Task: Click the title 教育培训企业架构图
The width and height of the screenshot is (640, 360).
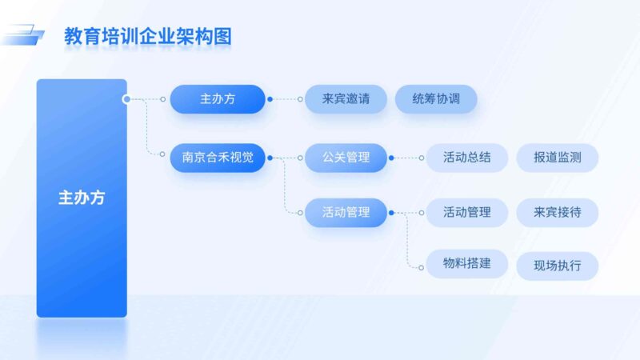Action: point(148,36)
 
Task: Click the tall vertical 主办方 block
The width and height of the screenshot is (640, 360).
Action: point(82,198)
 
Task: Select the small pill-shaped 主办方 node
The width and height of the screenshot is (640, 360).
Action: point(218,99)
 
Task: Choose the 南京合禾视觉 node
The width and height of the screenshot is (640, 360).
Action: point(218,158)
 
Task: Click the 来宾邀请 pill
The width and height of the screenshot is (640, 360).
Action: point(346,99)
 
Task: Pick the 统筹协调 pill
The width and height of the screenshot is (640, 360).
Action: point(436,99)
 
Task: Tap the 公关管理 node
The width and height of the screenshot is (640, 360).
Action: point(346,158)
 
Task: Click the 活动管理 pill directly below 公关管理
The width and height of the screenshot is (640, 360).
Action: point(346,212)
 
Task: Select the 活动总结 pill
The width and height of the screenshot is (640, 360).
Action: point(467,158)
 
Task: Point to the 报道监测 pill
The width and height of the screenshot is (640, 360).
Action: point(558,158)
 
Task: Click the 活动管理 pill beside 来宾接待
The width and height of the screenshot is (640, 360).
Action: point(467,212)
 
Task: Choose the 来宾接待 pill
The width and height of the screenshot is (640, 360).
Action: point(558,212)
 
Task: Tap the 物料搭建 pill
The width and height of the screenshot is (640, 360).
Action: point(467,264)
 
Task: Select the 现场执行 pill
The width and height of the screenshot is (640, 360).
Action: point(558,266)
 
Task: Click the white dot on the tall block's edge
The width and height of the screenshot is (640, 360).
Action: point(126,99)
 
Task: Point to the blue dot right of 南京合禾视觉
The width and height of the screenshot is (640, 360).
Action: point(270,158)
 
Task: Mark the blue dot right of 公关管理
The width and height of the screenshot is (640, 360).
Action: point(391,158)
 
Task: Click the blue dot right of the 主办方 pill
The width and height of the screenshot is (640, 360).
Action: point(270,99)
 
